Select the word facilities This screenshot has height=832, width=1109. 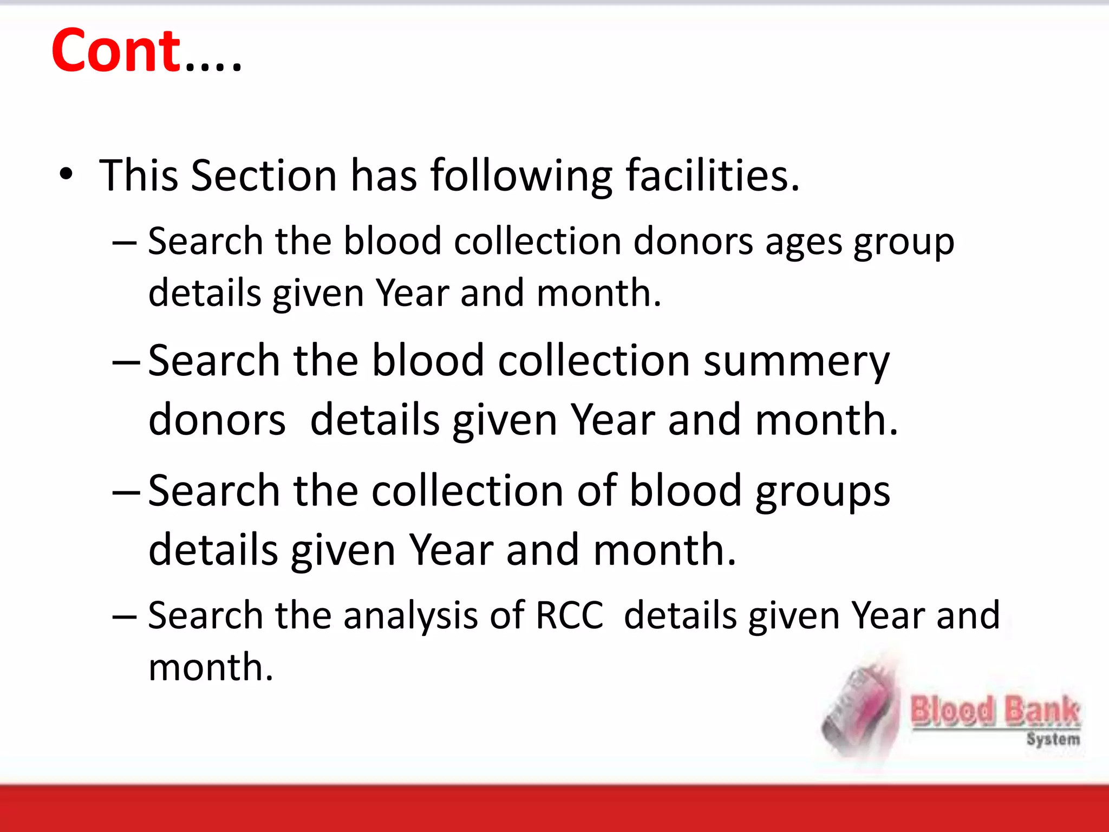click(x=712, y=175)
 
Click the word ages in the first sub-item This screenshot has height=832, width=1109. click(x=804, y=241)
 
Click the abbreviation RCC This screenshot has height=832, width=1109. click(x=569, y=615)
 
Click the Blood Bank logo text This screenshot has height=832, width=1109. click(x=995, y=711)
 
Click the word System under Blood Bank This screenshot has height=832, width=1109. click(x=1053, y=739)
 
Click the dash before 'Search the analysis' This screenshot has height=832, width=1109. click(x=125, y=617)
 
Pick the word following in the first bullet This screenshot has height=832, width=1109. click(x=521, y=175)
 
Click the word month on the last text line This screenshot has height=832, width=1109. click(x=210, y=667)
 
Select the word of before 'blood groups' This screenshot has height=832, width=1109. click(x=596, y=491)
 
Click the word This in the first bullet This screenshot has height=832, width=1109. click(x=139, y=175)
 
